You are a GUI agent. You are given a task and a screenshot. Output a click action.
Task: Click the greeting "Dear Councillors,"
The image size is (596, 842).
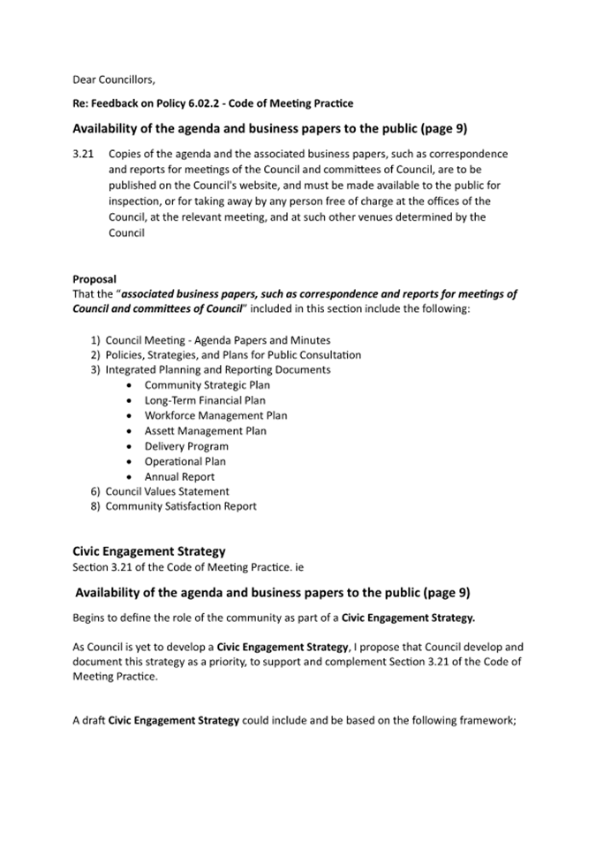pos(113,80)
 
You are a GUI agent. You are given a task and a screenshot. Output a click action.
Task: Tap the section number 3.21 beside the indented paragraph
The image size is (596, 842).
pos(84,154)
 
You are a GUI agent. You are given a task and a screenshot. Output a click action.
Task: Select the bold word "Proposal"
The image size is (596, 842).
pos(94,279)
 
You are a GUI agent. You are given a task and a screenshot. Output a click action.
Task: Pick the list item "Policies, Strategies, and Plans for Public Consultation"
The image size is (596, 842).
pos(233,355)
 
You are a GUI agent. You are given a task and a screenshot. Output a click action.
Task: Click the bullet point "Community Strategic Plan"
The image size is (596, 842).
pos(207,385)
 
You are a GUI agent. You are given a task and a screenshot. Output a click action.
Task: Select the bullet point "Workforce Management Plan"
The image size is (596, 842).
pos(215,415)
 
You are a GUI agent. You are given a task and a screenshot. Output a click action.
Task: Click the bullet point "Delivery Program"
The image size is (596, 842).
pos(186,446)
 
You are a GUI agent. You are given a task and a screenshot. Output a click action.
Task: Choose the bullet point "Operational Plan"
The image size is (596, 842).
pos(185,461)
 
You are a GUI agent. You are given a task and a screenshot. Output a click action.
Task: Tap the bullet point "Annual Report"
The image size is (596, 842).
pos(179,477)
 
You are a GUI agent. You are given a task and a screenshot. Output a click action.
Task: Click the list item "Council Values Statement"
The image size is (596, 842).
pos(167,491)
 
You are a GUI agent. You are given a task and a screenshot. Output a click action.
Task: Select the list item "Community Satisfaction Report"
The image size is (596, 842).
pos(181,506)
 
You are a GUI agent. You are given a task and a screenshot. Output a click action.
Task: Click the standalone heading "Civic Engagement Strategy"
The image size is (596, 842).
pos(149,551)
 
